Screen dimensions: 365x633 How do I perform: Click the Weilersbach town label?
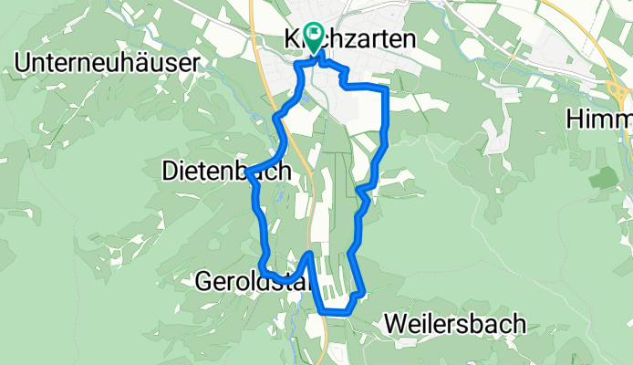click(x=455, y=323)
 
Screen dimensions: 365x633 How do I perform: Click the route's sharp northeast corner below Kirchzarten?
click(x=387, y=89)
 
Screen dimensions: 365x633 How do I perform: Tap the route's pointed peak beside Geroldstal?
click(x=311, y=254)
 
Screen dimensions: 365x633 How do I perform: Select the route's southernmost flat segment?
click(x=336, y=312)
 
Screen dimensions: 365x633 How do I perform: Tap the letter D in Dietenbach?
click(x=169, y=171)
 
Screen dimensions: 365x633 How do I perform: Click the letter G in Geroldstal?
click(x=203, y=282)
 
